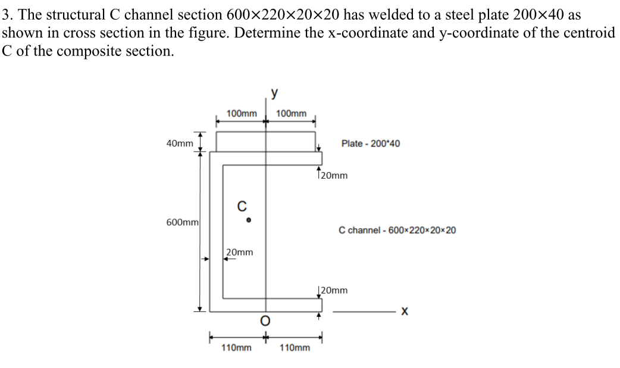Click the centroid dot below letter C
click(x=249, y=220)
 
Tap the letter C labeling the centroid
click(x=242, y=207)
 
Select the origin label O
click(x=265, y=322)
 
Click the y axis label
click(x=274, y=93)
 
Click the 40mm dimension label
click(x=180, y=144)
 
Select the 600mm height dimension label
click(x=182, y=222)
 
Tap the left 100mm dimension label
click(x=242, y=113)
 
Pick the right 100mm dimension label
click(x=292, y=113)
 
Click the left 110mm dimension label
click(x=236, y=347)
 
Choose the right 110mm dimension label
click(x=295, y=347)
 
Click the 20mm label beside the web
click(x=240, y=252)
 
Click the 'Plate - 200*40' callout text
click(x=370, y=144)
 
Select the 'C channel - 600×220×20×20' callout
click(x=397, y=230)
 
